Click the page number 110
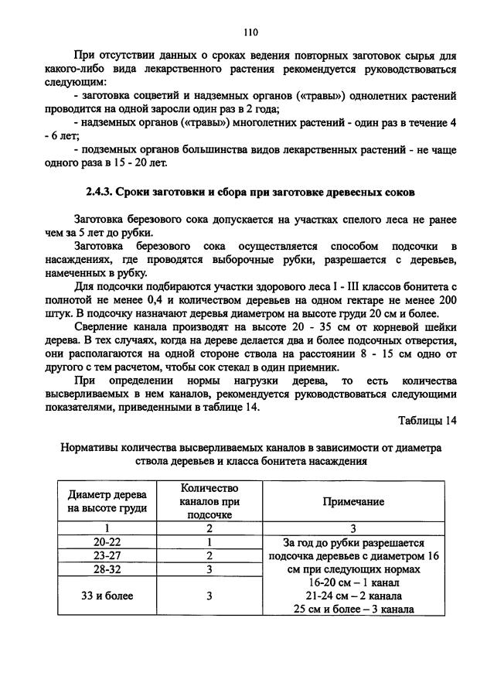coord(250,32)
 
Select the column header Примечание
coord(353,501)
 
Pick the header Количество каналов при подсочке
coord(209,501)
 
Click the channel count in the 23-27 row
coord(209,555)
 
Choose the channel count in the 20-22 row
coord(209,542)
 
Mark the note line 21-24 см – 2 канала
coord(353,596)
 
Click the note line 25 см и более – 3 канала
coord(353,609)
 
